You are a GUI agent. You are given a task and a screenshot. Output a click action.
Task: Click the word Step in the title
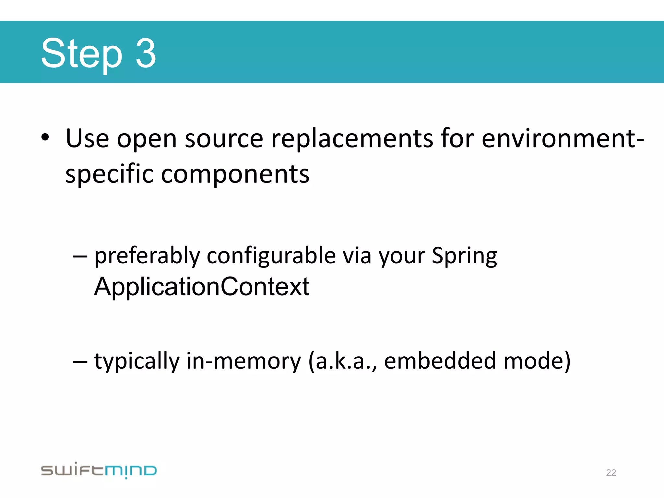coord(81,53)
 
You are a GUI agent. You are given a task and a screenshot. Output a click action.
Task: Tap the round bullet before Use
coord(45,137)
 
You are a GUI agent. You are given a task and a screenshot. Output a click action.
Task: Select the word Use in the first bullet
coord(87,139)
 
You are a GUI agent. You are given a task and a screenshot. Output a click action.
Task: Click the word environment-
coord(563,139)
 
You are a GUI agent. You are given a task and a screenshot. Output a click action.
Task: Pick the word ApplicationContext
coord(201,287)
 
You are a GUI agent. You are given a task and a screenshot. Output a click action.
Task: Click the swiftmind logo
coord(99,470)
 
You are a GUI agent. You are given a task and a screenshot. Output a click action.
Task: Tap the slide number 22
coord(611,473)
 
